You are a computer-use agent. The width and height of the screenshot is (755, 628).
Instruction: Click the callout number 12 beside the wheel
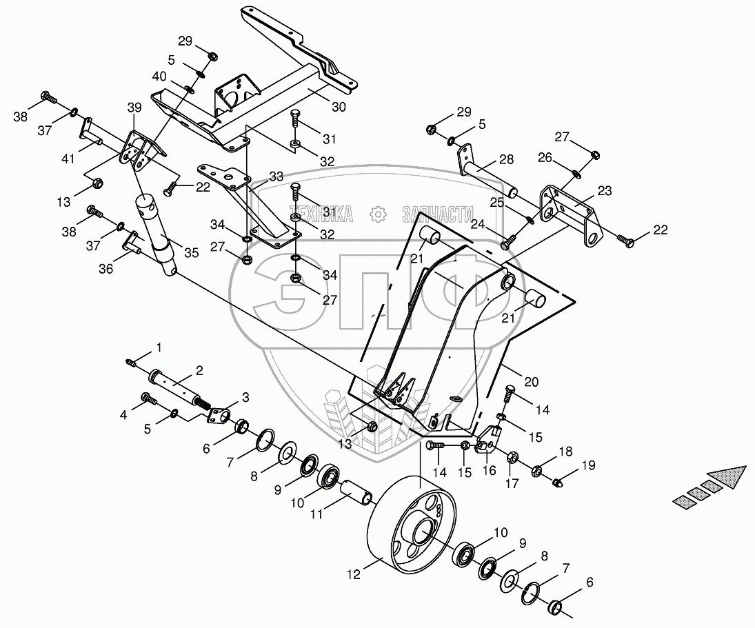pyautogui.click(x=354, y=575)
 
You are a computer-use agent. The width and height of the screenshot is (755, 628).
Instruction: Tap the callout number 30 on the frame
pyautogui.click(x=339, y=107)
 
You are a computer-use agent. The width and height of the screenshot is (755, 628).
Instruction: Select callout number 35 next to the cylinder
pyautogui.click(x=192, y=253)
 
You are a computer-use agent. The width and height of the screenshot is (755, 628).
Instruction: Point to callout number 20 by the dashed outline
pyautogui.click(x=531, y=382)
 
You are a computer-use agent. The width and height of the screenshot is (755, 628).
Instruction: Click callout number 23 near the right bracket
pyautogui.click(x=605, y=191)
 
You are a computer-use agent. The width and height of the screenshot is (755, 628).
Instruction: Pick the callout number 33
pyautogui.click(x=276, y=176)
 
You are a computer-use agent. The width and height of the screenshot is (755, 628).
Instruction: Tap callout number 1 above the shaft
pyautogui.click(x=159, y=347)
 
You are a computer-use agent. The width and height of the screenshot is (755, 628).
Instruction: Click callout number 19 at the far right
pyautogui.click(x=588, y=465)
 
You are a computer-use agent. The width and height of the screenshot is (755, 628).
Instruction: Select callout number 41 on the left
pyautogui.click(x=68, y=158)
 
